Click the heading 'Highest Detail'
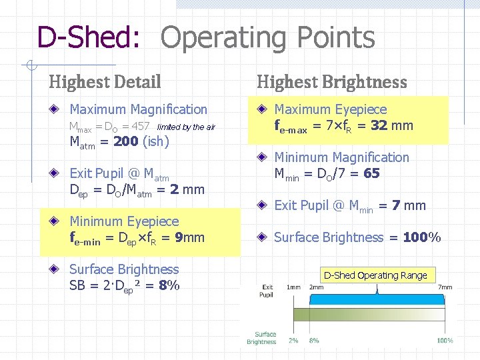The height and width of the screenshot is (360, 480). (x=105, y=82)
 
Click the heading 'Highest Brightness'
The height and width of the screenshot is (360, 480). (x=331, y=82)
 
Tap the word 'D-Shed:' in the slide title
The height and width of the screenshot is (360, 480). (x=88, y=39)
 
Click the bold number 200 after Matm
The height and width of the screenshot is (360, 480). (x=127, y=141)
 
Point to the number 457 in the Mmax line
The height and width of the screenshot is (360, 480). (x=141, y=127)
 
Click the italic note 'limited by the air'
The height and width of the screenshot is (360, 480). (x=186, y=127)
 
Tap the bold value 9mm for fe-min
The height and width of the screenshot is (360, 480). (x=189, y=237)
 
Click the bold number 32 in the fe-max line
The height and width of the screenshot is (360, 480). (x=379, y=125)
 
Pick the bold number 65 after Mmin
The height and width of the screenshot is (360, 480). (x=372, y=173)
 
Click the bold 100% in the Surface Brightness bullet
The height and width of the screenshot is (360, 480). (x=422, y=237)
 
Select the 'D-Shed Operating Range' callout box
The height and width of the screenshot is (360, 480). (x=375, y=275)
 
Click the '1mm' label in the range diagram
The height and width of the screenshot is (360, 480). (x=293, y=287)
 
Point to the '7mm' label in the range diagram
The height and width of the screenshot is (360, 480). (x=445, y=287)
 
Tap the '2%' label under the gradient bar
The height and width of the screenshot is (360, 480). (x=293, y=340)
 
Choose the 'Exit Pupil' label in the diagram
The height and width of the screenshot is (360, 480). (x=267, y=291)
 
